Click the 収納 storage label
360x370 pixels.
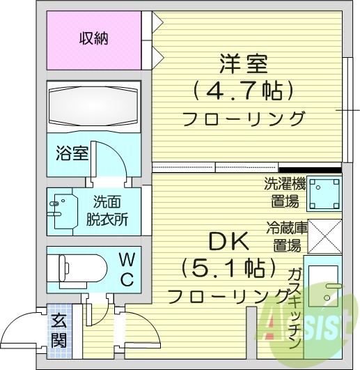click(93, 39)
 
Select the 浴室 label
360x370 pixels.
click(72, 153)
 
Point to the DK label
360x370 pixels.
click(229, 242)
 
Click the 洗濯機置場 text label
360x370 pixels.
click(284, 193)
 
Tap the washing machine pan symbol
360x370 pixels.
click(324, 194)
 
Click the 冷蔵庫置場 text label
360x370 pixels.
click(284, 236)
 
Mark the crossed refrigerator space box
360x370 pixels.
click(324, 237)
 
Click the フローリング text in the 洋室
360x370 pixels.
click(244, 118)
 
